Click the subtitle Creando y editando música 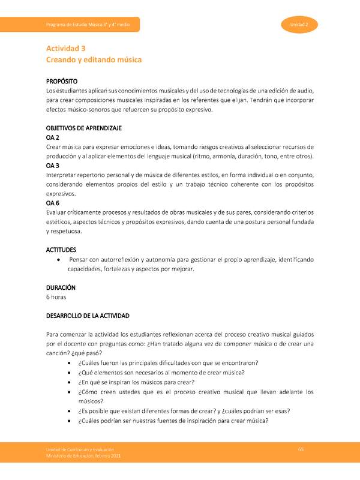coord(94,60)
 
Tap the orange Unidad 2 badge coord(299,25)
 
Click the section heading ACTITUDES coord(61,250)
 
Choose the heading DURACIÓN coord(61,287)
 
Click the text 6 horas coord(56,297)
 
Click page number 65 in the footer coord(301,450)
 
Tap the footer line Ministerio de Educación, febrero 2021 coord(87,458)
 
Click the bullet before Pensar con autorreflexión coord(57,260)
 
